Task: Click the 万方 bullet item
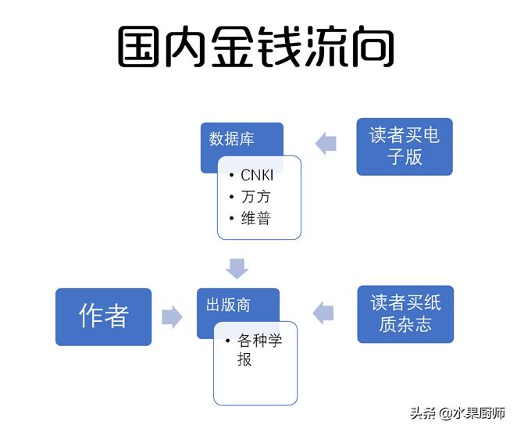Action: (x=255, y=197)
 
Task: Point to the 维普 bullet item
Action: (x=255, y=218)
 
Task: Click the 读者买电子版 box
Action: (x=404, y=146)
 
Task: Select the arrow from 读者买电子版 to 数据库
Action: (x=326, y=142)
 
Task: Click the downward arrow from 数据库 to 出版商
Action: (x=237, y=267)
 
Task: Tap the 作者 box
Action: (x=103, y=316)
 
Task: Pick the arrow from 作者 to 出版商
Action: (x=172, y=316)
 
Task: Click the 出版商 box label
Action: (x=228, y=304)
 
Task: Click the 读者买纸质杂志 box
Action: (x=405, y=314)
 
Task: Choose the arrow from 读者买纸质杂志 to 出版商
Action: (x=323, y=313)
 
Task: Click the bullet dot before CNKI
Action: (x=232, y=176)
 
